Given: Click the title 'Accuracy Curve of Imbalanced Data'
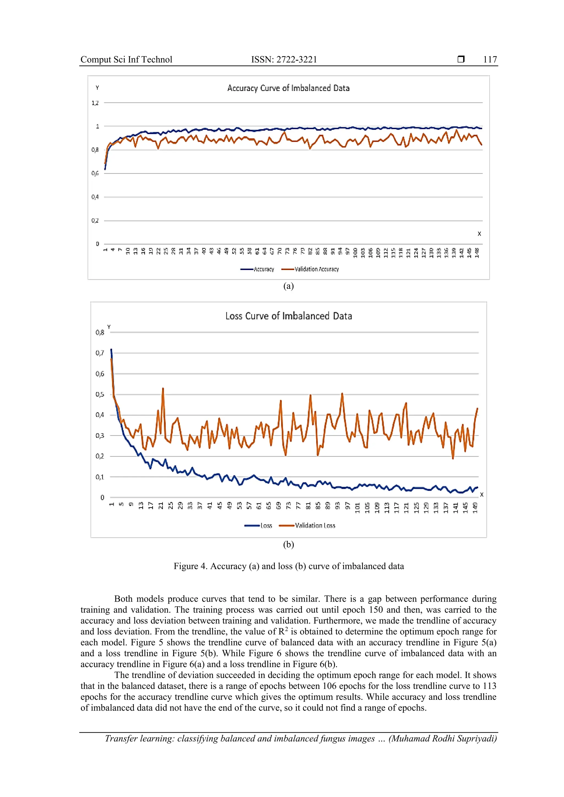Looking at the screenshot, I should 288,88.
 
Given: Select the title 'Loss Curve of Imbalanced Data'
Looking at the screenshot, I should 289,316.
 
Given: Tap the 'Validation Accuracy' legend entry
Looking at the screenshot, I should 316,269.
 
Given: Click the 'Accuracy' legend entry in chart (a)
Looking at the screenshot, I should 264,269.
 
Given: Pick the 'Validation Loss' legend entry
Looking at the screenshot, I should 315,526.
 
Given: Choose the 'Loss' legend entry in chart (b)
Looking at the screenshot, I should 266,526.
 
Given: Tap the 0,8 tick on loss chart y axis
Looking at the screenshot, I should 100,332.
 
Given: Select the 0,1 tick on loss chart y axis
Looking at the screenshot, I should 100,477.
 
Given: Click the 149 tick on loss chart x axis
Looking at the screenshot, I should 475,507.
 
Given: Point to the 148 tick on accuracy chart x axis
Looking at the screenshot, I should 477,253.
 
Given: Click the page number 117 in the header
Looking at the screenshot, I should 490,59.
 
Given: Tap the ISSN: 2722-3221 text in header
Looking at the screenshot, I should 284,59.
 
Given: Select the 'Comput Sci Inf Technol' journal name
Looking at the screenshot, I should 126,59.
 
